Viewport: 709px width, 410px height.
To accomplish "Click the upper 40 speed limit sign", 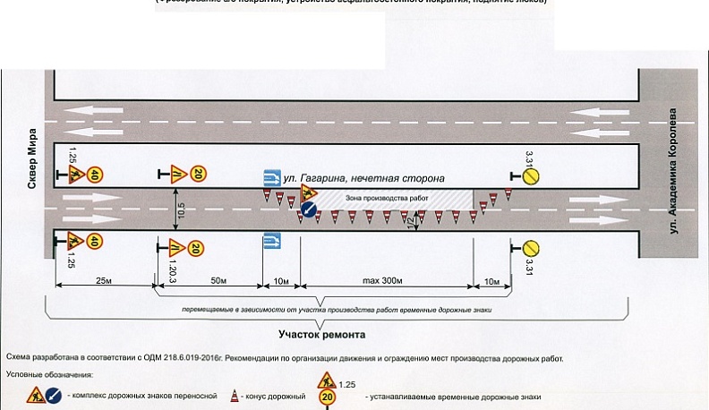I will (95, 175).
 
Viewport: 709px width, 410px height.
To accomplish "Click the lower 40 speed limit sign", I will (95, 241).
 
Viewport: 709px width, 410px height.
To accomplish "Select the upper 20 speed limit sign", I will (199, 174).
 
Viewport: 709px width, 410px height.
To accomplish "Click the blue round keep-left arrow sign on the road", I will (308, 211).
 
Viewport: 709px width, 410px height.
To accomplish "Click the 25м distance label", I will (103, 281).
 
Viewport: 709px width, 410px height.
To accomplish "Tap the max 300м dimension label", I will (386, 281).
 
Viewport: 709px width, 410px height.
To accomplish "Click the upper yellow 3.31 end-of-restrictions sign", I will (531, 176).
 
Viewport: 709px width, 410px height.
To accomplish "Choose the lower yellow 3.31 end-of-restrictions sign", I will (531, 247).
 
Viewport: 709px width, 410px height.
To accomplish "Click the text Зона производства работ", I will (395, 194).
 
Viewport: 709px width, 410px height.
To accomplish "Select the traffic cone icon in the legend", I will (235, 395).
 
